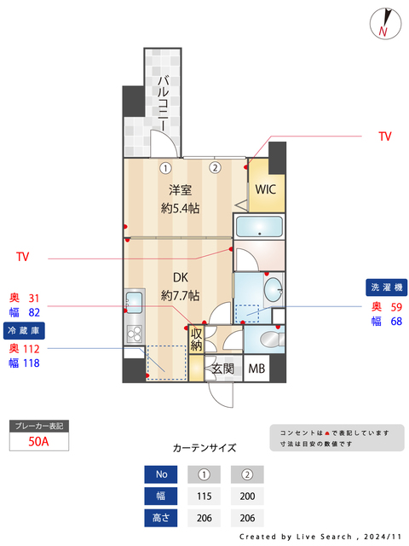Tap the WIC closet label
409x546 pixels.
(x=263, y=189)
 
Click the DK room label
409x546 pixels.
(x=180, y=278)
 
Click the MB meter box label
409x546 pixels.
(x=256, y=369)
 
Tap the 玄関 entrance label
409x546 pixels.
(x=222, y=369)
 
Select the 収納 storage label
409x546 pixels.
(x=196, y=339)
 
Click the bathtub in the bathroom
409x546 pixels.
(x=258, y=227)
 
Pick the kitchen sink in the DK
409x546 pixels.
(x=134, y=300)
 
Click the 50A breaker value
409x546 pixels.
(x=37, y=441)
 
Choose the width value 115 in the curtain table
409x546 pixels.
(x=204, y=497)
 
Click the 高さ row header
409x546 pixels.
(x=161, y=518)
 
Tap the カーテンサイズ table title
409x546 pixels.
(x=204, y=447)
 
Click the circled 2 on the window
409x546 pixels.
(x=216, y=167)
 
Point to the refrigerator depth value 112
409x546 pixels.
(x=32, y=348)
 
